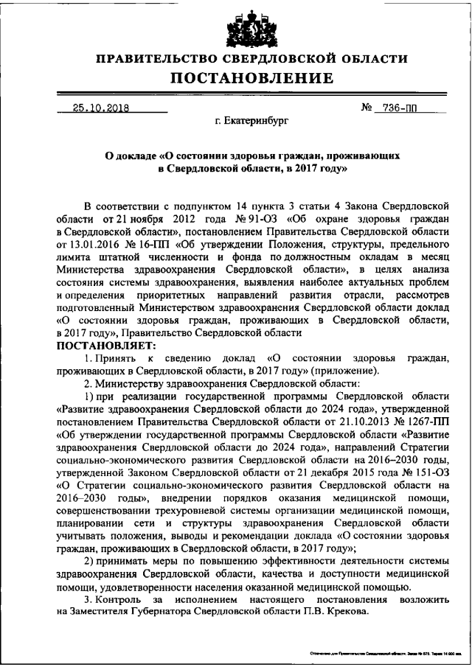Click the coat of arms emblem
[240, 27]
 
